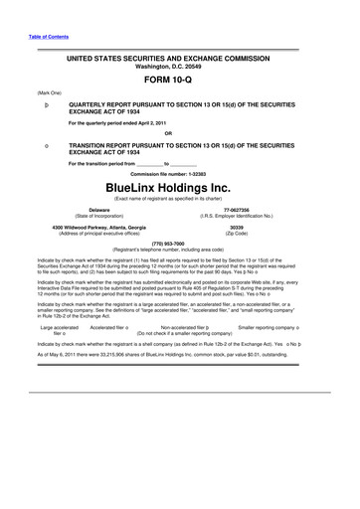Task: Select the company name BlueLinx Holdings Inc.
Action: (180, 186)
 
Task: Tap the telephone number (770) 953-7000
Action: (180, 244)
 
